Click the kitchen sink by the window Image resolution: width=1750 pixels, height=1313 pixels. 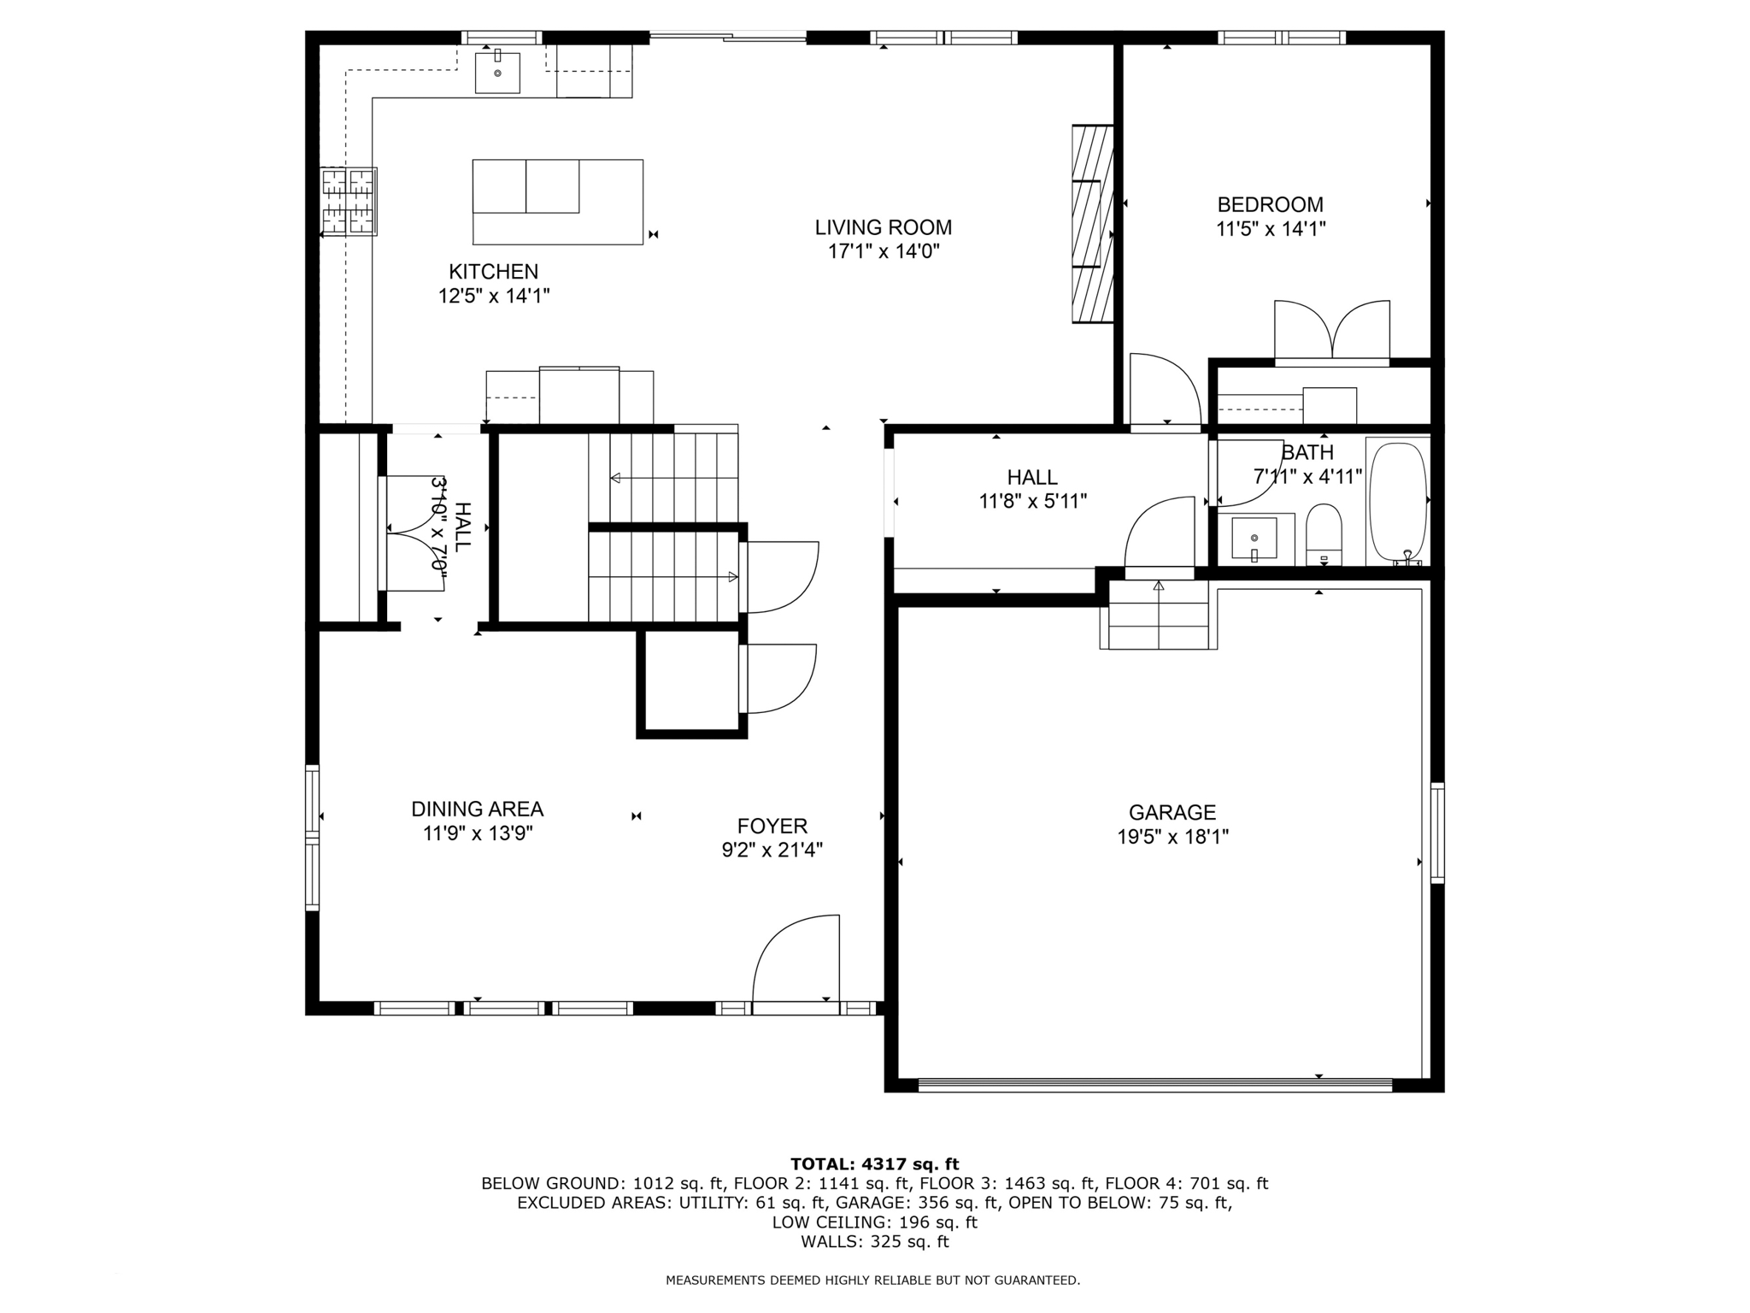point(497,73)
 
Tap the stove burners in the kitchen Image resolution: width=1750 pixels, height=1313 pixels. point(349,202)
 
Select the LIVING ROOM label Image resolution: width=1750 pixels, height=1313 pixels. point(883,227)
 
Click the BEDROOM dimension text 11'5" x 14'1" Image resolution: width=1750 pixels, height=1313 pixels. point(1270,229)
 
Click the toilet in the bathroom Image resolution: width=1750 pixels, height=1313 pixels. point(1324,535)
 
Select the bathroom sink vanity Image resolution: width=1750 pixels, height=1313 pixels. point(1254,539)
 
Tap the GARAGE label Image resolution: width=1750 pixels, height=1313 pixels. point(1172,812)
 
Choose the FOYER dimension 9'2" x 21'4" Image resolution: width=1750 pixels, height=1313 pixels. point(772,850)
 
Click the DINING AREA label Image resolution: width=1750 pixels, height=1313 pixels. point(477,809)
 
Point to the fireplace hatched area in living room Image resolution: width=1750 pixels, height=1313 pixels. point(1093,224)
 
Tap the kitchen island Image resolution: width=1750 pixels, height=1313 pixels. point(557,202)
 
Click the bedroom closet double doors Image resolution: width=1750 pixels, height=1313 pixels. point(1331,332)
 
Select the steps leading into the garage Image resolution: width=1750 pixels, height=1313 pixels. point(1159,615)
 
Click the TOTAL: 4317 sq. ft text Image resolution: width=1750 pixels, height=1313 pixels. point(874,1164)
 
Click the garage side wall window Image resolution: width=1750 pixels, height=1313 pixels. point(1437,833)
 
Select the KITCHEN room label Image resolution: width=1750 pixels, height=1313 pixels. point(493,272)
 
